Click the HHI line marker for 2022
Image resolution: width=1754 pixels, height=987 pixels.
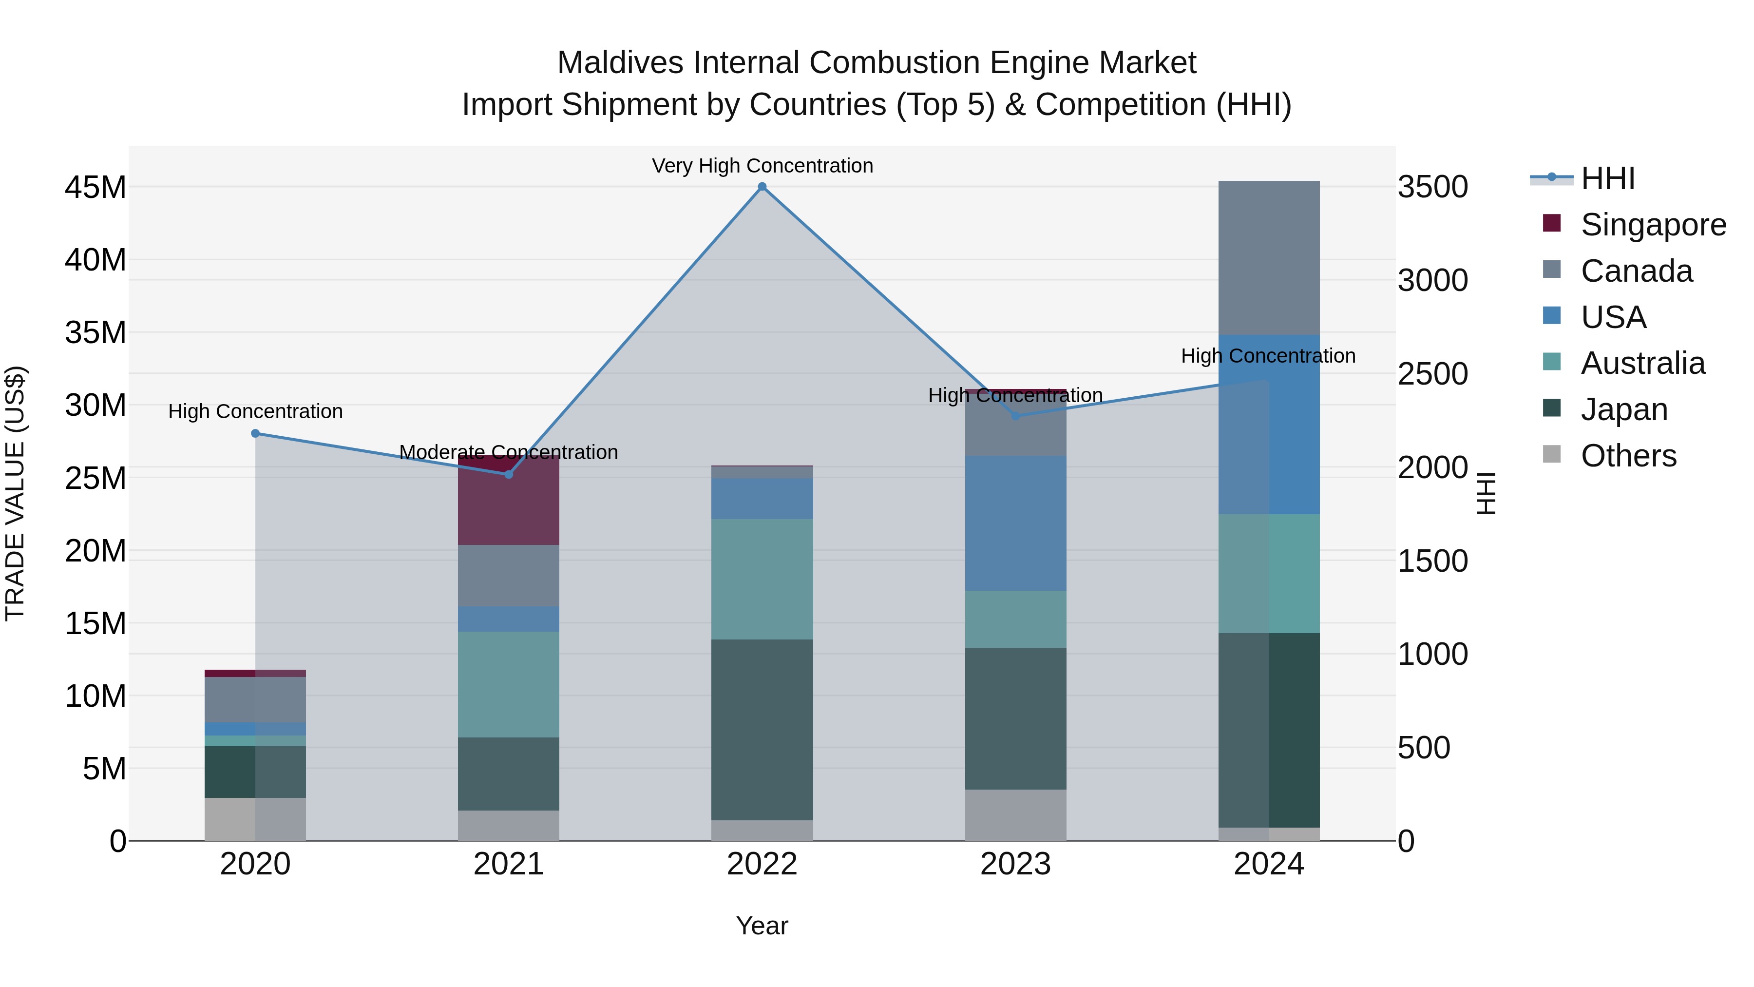pyautogui.click(x=762, y=187)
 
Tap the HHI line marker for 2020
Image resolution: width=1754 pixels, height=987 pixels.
pyautogui.click(x=255, y=433)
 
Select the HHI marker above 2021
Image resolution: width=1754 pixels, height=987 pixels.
pyautogui.click(x=509, y=474)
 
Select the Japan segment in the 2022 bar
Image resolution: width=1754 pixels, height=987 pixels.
pyautogui.click(x=762, y=729)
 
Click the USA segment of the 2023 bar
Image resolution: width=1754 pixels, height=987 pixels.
pyautogui.click(x=1015, y=523)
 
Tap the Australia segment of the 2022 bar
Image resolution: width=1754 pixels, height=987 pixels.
pyautogui.click(x=762, y=579)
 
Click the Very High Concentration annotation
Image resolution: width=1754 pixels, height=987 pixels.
pyautogui.click(x=762, y=166)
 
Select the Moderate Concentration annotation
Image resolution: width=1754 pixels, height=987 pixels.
pyautogui.click(x=509, y=452)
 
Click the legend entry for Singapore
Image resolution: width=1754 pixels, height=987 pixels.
pyautogui.click(x=1653, y=225)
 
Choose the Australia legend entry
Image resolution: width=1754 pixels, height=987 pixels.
pyautogui.click(x=1642, y=363)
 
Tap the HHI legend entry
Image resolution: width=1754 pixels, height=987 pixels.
pyautogui.click(x=1607, y=178)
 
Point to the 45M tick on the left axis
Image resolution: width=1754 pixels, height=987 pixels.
pyautogui.click(x=95, y=187)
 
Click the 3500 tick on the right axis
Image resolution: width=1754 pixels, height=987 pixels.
pyautogui.click(x=1432, y=187)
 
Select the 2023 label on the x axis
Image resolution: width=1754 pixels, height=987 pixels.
pyautogui.click(x=1015, y=864)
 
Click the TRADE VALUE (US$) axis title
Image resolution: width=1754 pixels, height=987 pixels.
pyautogui.click(x=15, y=493)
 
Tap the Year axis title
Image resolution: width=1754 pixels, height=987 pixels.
pyautogui.click(x=762, y=926)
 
